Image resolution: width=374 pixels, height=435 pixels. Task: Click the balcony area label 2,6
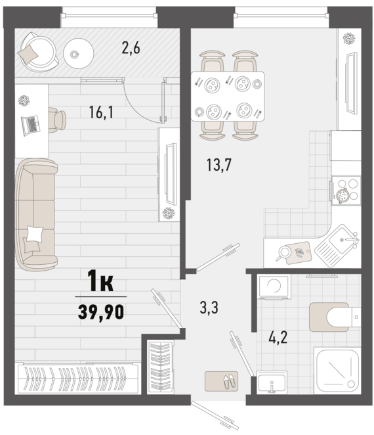point(131,48)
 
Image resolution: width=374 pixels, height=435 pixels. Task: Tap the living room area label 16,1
point(101,112)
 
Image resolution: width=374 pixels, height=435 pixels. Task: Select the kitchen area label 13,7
point(218,165)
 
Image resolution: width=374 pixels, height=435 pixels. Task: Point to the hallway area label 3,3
point(209,308)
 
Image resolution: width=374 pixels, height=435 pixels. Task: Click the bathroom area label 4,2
point(278,338)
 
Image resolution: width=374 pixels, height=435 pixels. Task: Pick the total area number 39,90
point(101,311)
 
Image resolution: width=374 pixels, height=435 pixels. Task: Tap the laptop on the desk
point(30,126)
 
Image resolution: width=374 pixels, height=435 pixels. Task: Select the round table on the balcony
point(78,53)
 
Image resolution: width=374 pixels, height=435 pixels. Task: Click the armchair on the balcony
point(38,52)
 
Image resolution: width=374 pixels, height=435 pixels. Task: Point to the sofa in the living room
point(36,214)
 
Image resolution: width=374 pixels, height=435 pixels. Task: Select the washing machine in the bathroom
point(274,286)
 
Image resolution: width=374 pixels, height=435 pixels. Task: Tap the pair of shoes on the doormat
point(230,381)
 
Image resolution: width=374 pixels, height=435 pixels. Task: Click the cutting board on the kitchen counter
point(299,252)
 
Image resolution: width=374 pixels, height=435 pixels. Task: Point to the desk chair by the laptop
point(57,120)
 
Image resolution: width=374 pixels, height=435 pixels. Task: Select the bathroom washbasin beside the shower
point(272,382)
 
